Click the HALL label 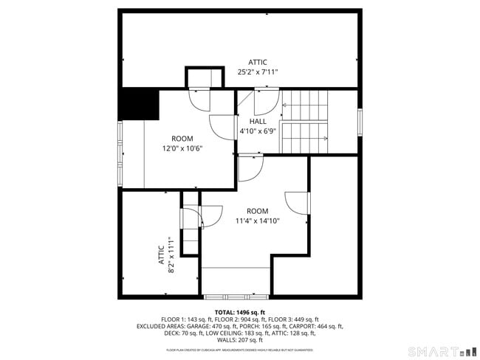[258, 121]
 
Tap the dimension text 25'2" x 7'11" [258, 72]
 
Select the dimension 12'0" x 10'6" [182, 148]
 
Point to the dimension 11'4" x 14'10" [258, 221]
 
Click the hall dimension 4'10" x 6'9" [258, 131]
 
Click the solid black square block [140, 104]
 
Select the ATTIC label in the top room [258, 62]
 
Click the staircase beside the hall [304, 122]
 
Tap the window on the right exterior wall [360, 122]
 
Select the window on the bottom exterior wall [236, 297]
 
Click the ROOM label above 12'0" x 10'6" [182, 138]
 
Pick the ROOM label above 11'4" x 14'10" [258, 211]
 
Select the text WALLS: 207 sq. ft [240, 340]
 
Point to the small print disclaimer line [239, 350]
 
